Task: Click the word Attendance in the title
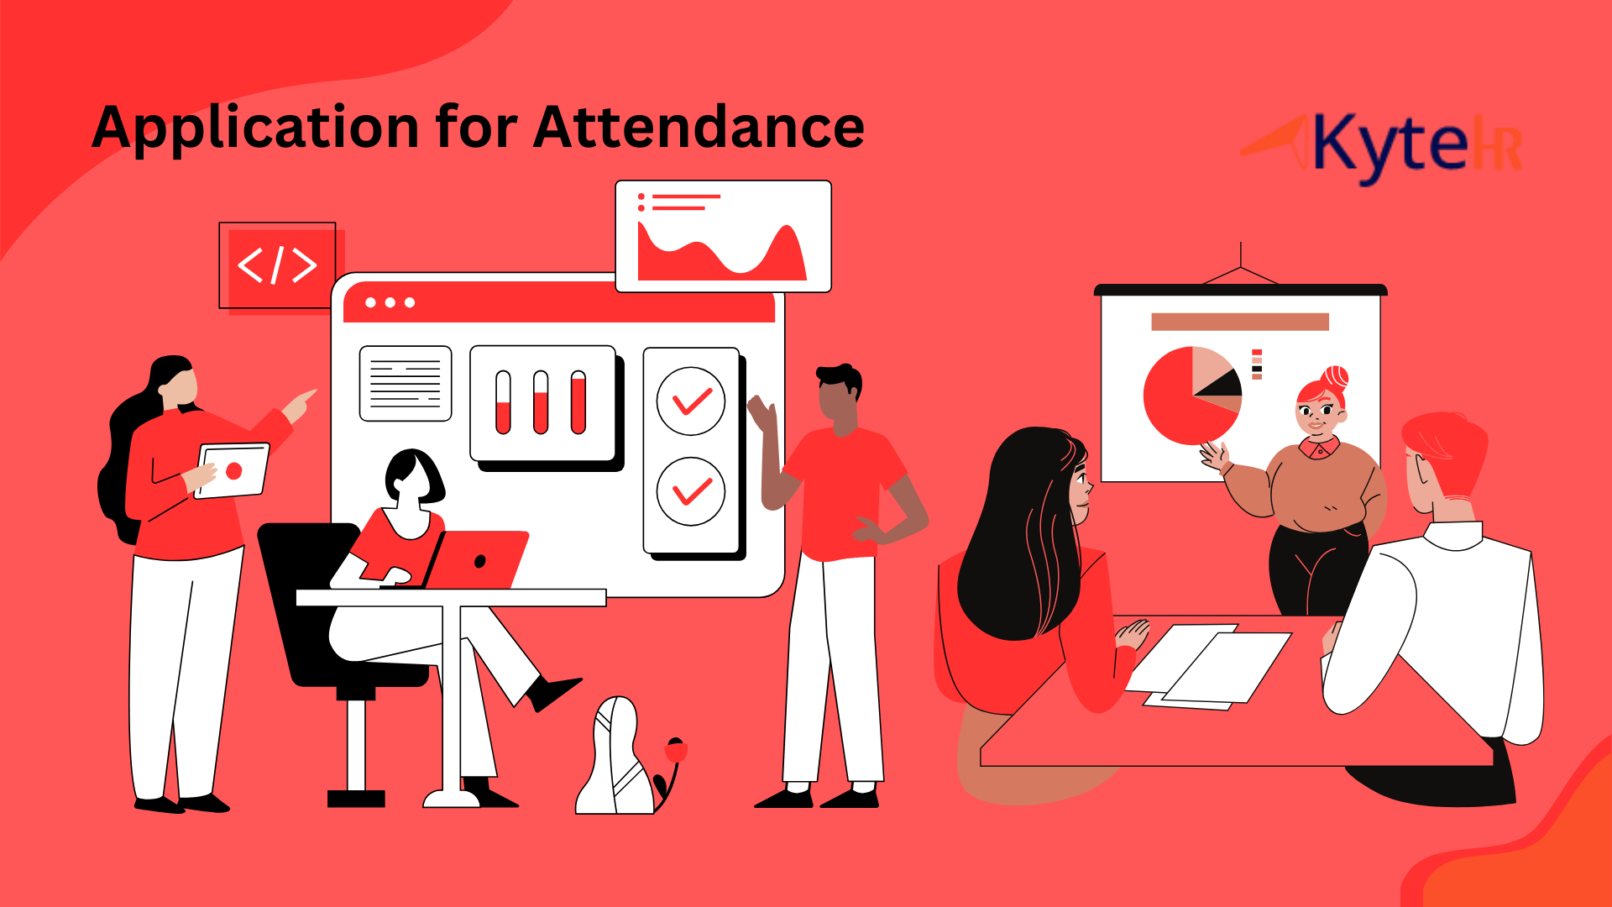[x=699, y=127]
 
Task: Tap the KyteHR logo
[x=1381, y=148]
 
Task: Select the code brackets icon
[x=277, y=265]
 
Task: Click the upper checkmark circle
[x=691, y=401]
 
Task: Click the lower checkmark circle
[x=691, y=491]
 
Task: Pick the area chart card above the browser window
[x=723, y=236]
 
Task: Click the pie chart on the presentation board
[x=1191, y=395]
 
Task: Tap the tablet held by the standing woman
[x=232, y=470]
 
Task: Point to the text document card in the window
[x=406, y=383]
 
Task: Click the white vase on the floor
[x=615, y=756]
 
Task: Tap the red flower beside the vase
[x=675, y=750]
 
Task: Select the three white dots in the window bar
[x=390, y=302]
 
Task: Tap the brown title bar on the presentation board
[x=1240, y=322]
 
